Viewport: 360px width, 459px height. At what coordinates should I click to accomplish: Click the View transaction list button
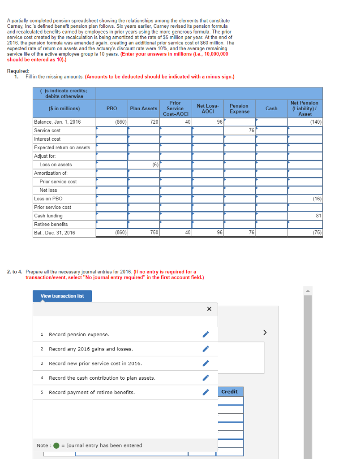coord(62,296)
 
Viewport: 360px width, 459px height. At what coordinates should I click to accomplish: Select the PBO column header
coord(111,108)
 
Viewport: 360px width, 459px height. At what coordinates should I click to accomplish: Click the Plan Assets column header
coord(143,108)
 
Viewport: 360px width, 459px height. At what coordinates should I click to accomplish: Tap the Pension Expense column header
coord(239,108)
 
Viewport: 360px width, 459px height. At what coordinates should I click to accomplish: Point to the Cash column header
coord(271,108)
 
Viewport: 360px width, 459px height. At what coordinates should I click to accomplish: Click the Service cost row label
coord(47,130)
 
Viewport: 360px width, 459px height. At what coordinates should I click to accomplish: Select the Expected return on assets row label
coord(62,147)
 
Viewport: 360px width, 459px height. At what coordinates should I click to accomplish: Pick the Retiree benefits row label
coord(51,224)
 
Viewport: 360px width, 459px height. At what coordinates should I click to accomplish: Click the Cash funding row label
coord(48,216)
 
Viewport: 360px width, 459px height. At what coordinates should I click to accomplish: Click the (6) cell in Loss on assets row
coord(144,165)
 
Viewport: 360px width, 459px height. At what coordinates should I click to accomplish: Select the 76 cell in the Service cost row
coord(240,130)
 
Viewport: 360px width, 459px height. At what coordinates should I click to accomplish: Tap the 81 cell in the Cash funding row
coord(305,216)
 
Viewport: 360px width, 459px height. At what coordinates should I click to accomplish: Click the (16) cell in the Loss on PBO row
coord(305,199)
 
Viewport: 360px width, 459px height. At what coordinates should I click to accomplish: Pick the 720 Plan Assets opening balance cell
coord(144,122)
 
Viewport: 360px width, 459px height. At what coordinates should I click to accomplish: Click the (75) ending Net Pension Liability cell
coord(305,233)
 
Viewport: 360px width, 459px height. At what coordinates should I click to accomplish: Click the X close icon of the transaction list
coord(209,309)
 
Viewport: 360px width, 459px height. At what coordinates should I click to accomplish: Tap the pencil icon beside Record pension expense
coord(206,334)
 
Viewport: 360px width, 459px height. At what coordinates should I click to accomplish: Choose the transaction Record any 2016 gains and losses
coord(91,349)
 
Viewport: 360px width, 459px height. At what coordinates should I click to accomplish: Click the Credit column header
coord(230,391)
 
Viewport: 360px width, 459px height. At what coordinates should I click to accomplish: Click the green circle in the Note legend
coord(56,446)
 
